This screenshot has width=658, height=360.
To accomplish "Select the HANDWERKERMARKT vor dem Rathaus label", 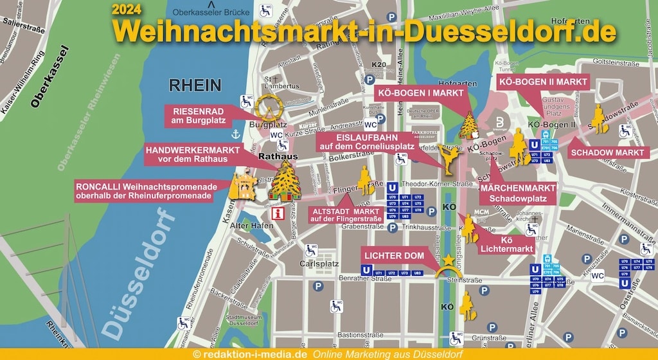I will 192,154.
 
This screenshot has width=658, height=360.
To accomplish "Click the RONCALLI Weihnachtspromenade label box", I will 151,190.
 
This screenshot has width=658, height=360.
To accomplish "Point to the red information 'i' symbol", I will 278,214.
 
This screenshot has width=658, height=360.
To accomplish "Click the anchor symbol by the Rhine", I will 236,134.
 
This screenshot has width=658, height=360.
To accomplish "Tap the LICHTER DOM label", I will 395,256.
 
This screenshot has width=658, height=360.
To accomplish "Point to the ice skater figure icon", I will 447,159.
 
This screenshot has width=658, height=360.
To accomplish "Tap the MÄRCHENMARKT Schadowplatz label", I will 518,193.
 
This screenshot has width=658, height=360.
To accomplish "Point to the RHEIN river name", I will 195,85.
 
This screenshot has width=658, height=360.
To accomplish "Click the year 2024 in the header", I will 129,9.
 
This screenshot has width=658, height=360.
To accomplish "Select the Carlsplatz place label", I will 319,264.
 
